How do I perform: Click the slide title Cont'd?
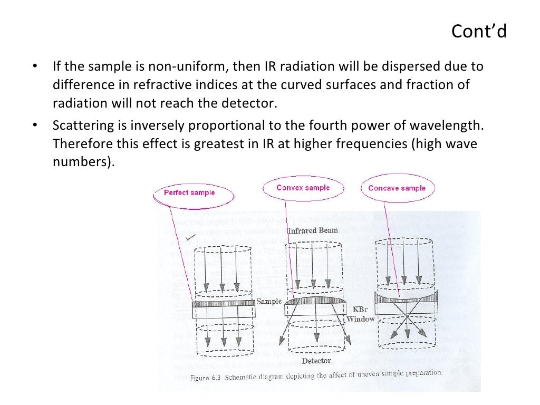[x=479, y=32]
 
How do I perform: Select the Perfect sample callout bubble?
[x=189, y=192]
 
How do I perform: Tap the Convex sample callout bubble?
[x=303, y=188]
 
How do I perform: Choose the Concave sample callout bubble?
[x=397, y=188]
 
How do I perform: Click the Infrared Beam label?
[x=313, y=230]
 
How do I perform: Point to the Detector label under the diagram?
[x=316, y=361]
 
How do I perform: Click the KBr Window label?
[x=361, y=314]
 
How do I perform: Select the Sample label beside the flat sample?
[x=269, y=302]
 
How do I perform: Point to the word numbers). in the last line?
[x=83, y=162]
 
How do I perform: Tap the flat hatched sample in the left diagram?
[x=223, y=304]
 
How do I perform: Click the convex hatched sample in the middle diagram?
[x=315, y=301]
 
